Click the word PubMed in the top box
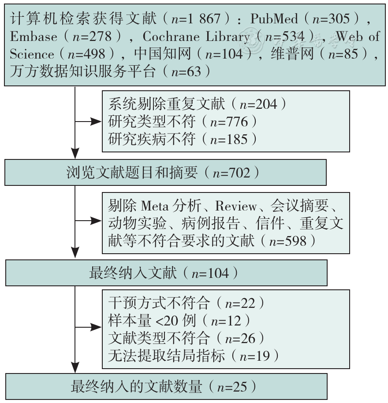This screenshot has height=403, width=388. (x=274, y=18)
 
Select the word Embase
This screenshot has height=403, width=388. (x=34, y=37)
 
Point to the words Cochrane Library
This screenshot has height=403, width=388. (x=196, y=37)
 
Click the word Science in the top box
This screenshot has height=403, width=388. (x=32, y=54)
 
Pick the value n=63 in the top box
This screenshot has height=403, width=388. (x=186, y=71)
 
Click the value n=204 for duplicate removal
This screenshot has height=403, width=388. (x=258, y=104)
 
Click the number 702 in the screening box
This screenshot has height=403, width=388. (x=239, y=173)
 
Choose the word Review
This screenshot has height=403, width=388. (x=236, y=206)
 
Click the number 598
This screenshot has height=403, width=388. (x=296, y=241)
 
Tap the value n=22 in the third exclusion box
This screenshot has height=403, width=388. (x=240, y=303)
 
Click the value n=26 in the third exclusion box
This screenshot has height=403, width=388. (x=240, y=338)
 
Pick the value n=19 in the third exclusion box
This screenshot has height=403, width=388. (x=255, y=356)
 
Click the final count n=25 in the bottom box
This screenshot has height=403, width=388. (x=232, y=387)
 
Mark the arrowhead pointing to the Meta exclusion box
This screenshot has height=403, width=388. (x=96, y=221)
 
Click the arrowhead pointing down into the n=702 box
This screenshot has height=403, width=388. (x=75, y=153)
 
